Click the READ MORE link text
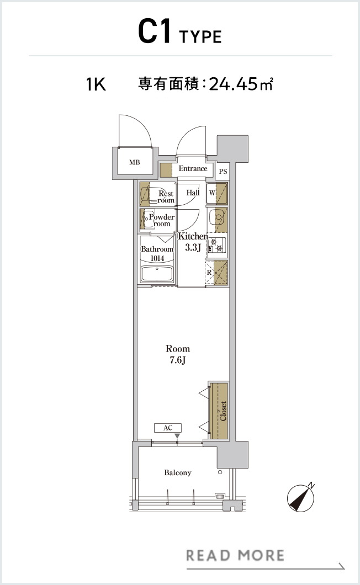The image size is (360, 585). [235, 556]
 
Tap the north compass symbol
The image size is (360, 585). [300, 498]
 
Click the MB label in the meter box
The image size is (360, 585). [134, 162]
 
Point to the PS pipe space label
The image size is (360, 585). [223, 172]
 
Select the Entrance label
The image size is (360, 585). [193, 168]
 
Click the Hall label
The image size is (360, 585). [193, 193]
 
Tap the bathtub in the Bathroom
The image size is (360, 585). [157, 274]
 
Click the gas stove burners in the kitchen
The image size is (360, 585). [216, 244]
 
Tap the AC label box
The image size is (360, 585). [168, 428]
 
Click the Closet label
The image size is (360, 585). [223, 411]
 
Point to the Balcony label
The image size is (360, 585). [178, 473]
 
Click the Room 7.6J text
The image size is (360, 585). [178, 354]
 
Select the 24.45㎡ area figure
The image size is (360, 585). [241, 84]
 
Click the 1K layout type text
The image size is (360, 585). [96, 84]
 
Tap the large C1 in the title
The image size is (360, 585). [155, 31]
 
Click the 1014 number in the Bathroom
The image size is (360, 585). [157, 258]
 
